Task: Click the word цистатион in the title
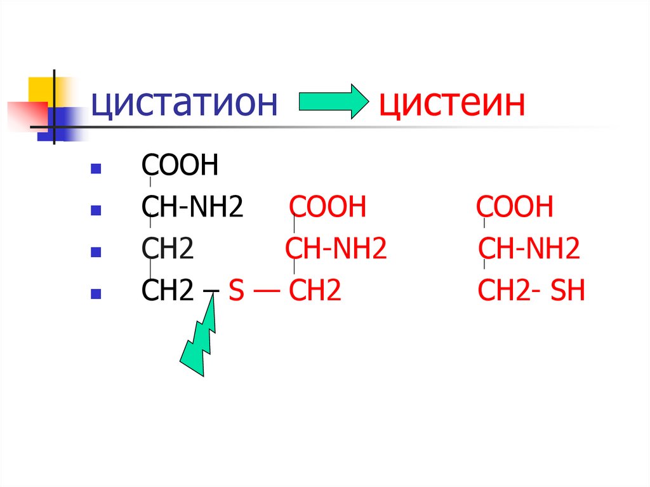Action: point(184,103)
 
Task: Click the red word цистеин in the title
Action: point(452,103)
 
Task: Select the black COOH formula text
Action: point(180,166)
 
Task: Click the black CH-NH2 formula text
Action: point(192,208)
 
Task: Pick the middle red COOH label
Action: point(328,208)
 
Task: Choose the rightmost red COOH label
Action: point(515,208)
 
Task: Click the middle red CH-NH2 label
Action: point(336,250)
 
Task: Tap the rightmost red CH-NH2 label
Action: point(529,250)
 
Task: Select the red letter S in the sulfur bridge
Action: point(236,291)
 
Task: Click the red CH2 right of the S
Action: point(315,291)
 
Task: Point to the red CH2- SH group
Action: point(531,291)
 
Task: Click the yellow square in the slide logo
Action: point(40,89)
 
